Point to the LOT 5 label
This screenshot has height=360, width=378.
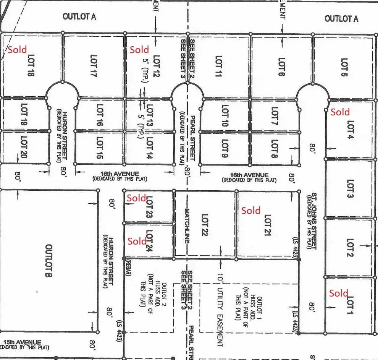(x=344, y=67)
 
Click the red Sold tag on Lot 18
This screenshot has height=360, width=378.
(x=18, y=50)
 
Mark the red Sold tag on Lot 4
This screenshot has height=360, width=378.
(x=340, y=112)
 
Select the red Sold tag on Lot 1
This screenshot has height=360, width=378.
(x=339, y=293)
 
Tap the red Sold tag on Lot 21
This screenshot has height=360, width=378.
(x=251, y=211)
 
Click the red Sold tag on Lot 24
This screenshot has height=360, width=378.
(x=137, y=241)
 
